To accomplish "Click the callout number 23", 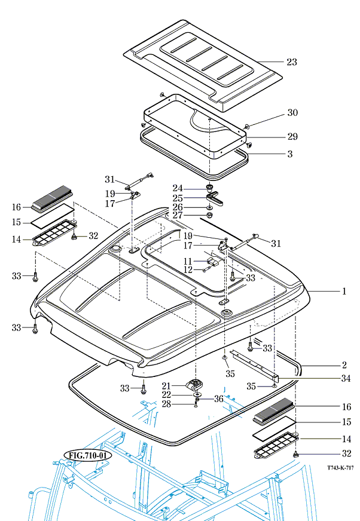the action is [x=292, y=62].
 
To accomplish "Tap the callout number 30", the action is [x=292, y=113].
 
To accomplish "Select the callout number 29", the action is [x=292, y=137].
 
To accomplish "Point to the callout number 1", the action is [x=344, y=292].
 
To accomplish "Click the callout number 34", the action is [x=346, y=378].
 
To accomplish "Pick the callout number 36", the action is [x=219, y=399].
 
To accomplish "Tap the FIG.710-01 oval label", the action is [x=88, y=455].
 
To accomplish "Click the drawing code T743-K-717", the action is [x=340, y=468].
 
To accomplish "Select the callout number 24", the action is [x=178, y=188].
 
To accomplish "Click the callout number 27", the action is [x=178, y=215].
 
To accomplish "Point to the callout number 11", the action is [x=188, y=262].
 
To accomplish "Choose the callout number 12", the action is [x=188, y=270].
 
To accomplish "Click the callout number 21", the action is [x=166, y=386].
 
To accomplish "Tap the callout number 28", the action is [x=166, y=404].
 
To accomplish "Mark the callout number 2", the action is [x=344, y=365].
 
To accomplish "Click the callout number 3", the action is [x=290, y=154].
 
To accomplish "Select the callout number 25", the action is [x=178, y=198].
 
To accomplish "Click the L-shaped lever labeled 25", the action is [x=215, y=198].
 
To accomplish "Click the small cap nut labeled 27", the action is [x=209, y=215].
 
